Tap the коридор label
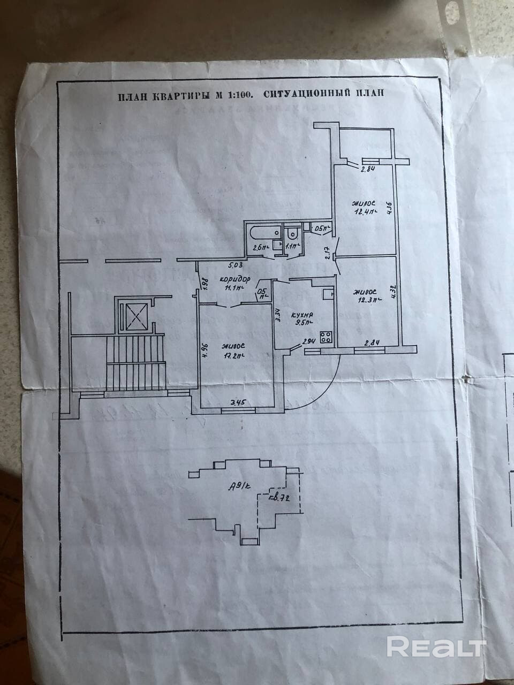click(x=235, y=279)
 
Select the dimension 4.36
click(x=390, y=207)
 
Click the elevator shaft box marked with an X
click(x=131, y=316)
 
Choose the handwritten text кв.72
click(x=279, y=499)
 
